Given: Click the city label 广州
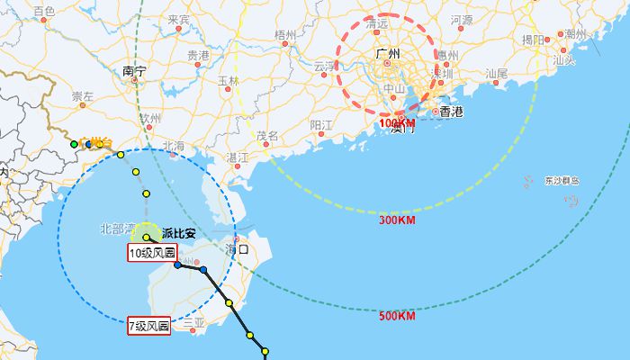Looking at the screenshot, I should [391, 55].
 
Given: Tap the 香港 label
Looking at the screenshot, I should [451, 112].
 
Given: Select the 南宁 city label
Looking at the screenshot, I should [134, 70].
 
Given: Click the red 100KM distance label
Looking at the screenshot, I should [396, 123].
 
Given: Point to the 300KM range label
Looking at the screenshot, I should [396, 220].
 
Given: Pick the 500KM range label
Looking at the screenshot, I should [396, 316].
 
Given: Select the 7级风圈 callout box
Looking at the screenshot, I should [149, 327].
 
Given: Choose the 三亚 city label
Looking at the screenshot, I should [193, 321].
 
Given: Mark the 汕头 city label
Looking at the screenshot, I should [563, 59].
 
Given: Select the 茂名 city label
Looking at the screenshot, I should [267, 136].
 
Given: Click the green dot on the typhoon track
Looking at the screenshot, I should [75, 144].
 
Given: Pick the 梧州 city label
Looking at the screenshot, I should [284, 34].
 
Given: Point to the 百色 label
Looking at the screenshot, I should [42, 11].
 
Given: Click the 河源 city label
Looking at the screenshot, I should [462, 19].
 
